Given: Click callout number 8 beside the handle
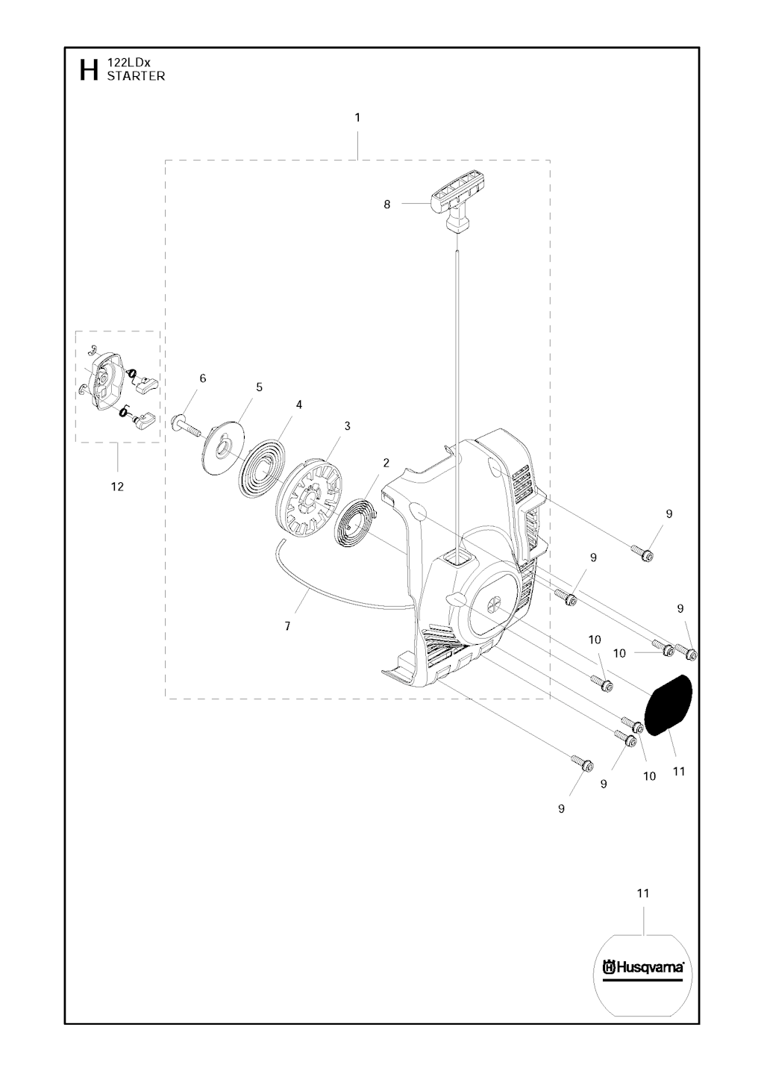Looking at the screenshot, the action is (x=386, y=204).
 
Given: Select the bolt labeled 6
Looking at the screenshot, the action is (x=188, y=425).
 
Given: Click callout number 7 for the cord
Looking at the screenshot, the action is (x=287, y=626).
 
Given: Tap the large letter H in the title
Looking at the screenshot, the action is (x=89, y=70).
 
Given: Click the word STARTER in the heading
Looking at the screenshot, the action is (x=136, y=76).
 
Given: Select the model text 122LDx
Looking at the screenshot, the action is (x=128, y=63).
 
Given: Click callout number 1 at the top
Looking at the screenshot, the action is (x=357, y=118).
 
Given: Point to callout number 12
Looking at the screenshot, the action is (x=117, y=487).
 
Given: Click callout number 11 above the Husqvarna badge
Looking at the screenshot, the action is (x=643, y=893).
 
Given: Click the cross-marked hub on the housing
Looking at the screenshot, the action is (x=492, y=604).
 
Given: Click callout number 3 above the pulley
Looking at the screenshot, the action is (x=347, y=425).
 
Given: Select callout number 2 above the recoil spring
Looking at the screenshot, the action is (x=386, y=463).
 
